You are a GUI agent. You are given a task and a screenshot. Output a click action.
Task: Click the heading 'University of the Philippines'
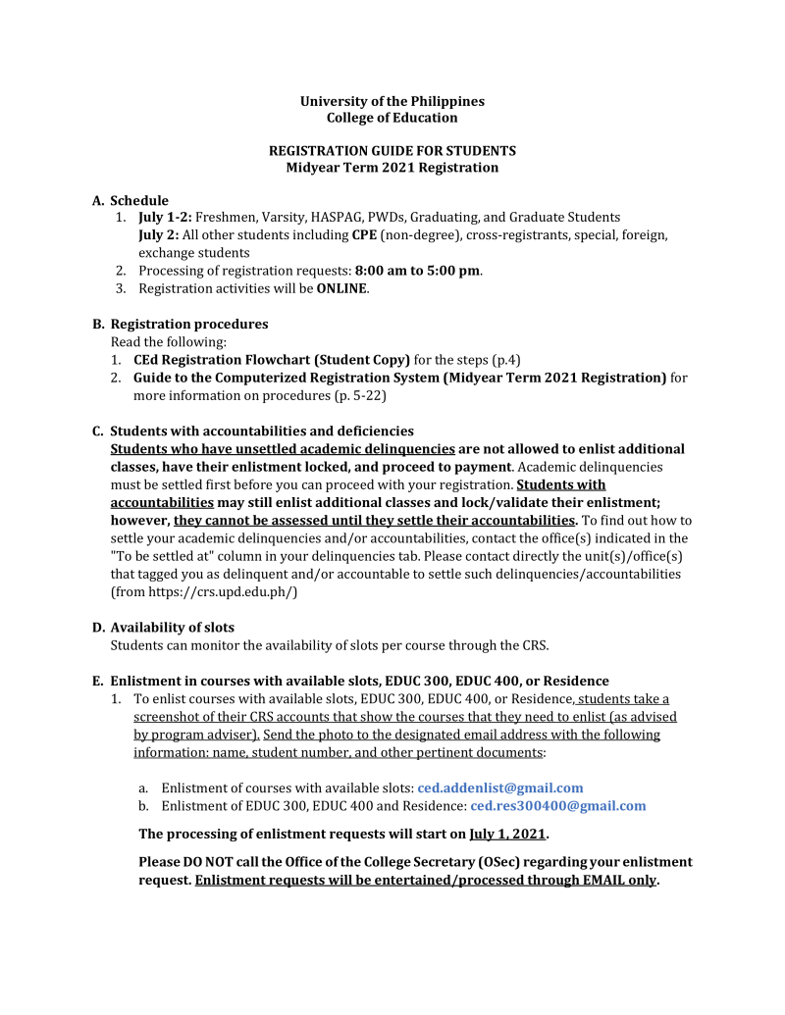pos(392,101)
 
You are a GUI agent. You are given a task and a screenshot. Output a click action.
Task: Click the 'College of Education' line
pos(392,118)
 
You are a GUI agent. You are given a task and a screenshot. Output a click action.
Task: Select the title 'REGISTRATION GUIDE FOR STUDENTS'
pos(392,151)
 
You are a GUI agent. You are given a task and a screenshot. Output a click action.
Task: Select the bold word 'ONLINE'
pos(341,288)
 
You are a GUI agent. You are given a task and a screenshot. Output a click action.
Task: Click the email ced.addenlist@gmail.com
pos(499,787)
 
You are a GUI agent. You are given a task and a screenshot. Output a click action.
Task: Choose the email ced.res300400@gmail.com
pos(557,806)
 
